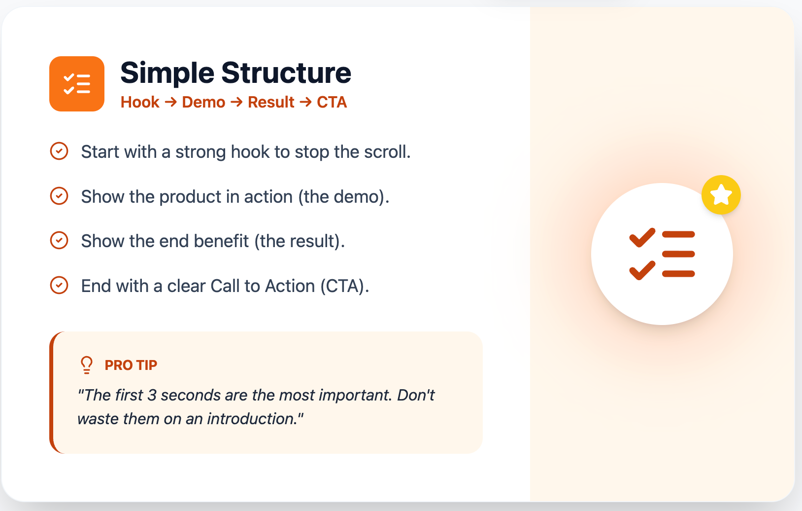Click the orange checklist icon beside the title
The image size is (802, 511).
[77, 84]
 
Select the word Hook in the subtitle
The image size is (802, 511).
[140, 102]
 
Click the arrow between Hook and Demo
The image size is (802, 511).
[170, 102]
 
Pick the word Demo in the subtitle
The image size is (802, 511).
[203, 102]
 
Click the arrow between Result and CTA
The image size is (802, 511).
[305, 102]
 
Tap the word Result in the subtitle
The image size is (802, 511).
[271, 102]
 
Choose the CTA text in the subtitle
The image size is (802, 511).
[332, 102]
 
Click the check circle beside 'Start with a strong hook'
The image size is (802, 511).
[59, 151]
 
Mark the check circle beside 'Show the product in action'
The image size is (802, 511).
[59, 196]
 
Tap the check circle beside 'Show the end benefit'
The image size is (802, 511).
[59, 240]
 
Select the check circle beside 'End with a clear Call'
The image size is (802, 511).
[59, 285]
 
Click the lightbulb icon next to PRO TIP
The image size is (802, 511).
[87, 365]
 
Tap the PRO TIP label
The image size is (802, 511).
[131, 365]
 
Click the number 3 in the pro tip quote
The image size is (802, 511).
[152, 395]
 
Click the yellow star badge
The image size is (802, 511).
[721, 195]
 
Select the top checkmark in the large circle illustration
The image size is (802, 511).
[642, 238]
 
